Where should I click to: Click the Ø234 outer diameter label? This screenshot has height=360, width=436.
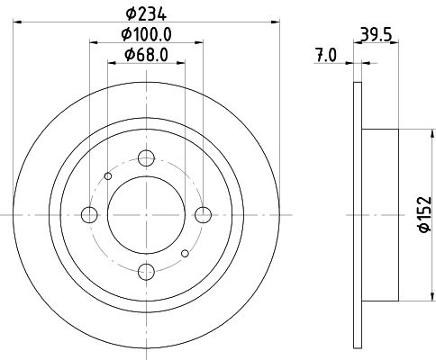[146, 14]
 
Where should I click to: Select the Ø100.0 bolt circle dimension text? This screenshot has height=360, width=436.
[146, 34]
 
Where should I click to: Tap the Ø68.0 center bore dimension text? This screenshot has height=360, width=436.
[146, 55]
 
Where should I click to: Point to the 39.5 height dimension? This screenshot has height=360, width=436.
[377, 34]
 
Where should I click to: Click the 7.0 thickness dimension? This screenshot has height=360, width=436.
[326, 55]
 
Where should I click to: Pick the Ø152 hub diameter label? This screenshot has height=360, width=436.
[425, 214]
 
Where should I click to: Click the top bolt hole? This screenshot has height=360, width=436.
[146, 158]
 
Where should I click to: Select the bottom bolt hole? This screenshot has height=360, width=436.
[146, 272]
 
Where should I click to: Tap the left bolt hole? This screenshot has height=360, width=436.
[89, 215]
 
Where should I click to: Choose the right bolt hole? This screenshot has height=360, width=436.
[204, 215]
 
